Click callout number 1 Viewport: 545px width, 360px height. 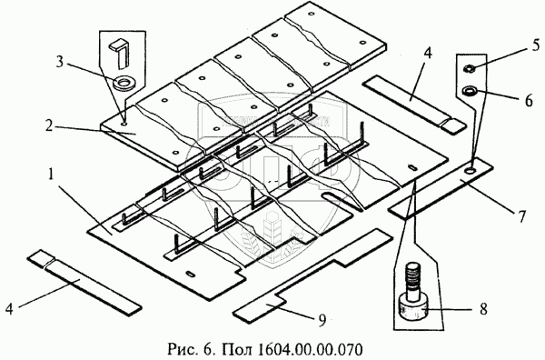pos(51,175)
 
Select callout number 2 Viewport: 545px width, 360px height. pos(49,126)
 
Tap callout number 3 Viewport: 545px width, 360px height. pos(60,63)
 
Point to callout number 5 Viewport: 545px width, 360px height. pos(535,46)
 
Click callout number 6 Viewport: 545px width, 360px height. pos(529,101)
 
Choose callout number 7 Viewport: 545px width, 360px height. pos(522,216)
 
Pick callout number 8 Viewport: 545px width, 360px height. pos(483,308)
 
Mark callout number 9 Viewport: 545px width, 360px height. pos(322,320)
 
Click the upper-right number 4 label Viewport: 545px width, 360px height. pos(427,54)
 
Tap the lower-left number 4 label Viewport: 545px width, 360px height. pos(9,308)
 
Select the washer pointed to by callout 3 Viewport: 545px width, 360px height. pos(124,84)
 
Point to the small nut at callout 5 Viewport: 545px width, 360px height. pos(469,69)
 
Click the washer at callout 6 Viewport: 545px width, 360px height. pos(470,92)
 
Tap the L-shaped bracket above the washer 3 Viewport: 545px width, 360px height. pos(120,53)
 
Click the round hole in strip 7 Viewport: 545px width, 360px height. pos(471,170)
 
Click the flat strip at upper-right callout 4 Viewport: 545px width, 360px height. pos(413,104)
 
